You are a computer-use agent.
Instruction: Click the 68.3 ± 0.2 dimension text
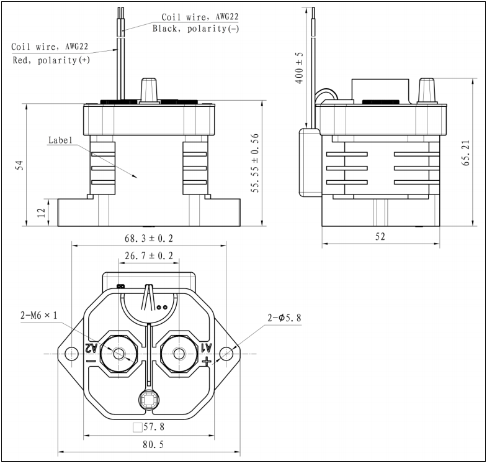148,239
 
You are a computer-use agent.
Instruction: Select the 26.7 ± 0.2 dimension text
148,256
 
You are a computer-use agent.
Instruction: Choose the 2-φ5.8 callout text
284,318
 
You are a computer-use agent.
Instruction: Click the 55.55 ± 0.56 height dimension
255,163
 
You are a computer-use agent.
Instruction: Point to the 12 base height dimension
41,212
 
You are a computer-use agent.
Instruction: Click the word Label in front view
61,140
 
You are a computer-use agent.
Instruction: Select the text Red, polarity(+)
50,60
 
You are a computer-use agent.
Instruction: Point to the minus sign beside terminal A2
91,360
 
